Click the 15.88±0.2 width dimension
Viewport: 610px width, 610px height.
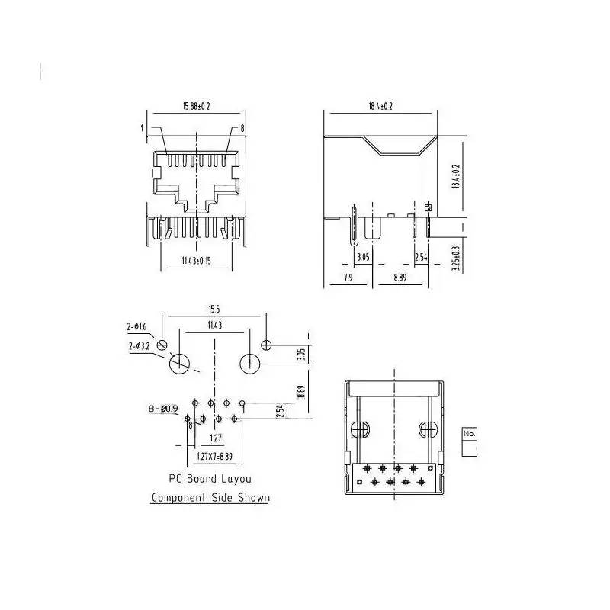(197, 105)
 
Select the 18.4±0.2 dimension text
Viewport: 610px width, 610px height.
(380, 105)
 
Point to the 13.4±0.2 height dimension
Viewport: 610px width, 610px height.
(457, 176)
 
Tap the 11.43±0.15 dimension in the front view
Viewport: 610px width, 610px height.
(196, 261)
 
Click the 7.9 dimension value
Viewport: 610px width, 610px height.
(348, 278)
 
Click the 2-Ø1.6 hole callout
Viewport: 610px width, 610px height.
(136, 327)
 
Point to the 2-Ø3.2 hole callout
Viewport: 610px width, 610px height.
(139, 346)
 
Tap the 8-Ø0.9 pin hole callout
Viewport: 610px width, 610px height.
(162, 409)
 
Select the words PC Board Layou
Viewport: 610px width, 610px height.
(210, 479)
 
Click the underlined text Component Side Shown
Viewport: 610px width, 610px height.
(210, 498)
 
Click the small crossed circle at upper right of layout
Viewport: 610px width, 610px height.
(265, 345)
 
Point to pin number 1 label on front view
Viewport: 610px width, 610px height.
(143, 128)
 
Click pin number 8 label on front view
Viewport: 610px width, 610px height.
(242, 128)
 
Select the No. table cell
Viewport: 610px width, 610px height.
(469, 433)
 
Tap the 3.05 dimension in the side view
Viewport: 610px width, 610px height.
(363, 258)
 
